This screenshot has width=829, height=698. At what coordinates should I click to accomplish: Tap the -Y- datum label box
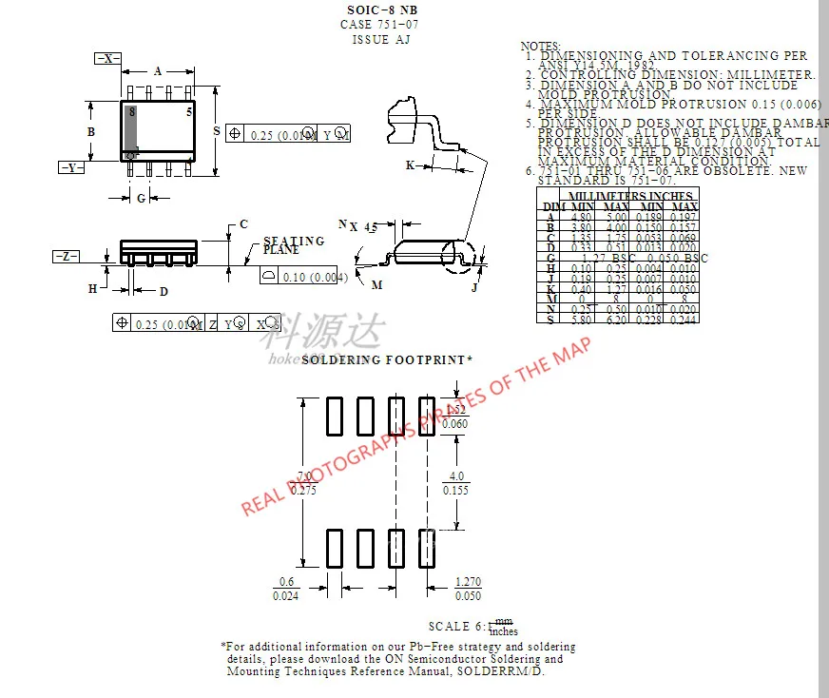click(x=71, y=167)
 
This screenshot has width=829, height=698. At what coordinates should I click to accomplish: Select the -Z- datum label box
click(x=66, y=257)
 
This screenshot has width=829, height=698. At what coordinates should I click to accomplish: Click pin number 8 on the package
click(x=132, y=111)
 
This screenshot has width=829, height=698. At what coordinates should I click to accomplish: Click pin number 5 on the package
click(x=189, y=111)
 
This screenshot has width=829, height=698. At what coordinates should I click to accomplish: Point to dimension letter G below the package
click(x=142, y=199)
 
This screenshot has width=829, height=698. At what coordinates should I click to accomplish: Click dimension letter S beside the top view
click(x=217, y=130)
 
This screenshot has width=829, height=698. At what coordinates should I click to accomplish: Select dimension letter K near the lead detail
click(x=410, y=165)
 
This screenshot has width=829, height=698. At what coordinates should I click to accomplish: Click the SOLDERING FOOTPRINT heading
click(x=386, y=360)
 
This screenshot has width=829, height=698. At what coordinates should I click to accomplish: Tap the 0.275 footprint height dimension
click(x=304, y=491)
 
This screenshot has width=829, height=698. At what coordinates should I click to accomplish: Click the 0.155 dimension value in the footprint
click(x=456, y=491)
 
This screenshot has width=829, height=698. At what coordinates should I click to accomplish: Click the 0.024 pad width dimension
click(x=285, y=596)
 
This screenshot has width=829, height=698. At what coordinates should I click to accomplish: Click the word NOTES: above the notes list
click(x=541, y=46)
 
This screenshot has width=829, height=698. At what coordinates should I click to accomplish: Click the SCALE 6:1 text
click(x=457, y=627)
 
